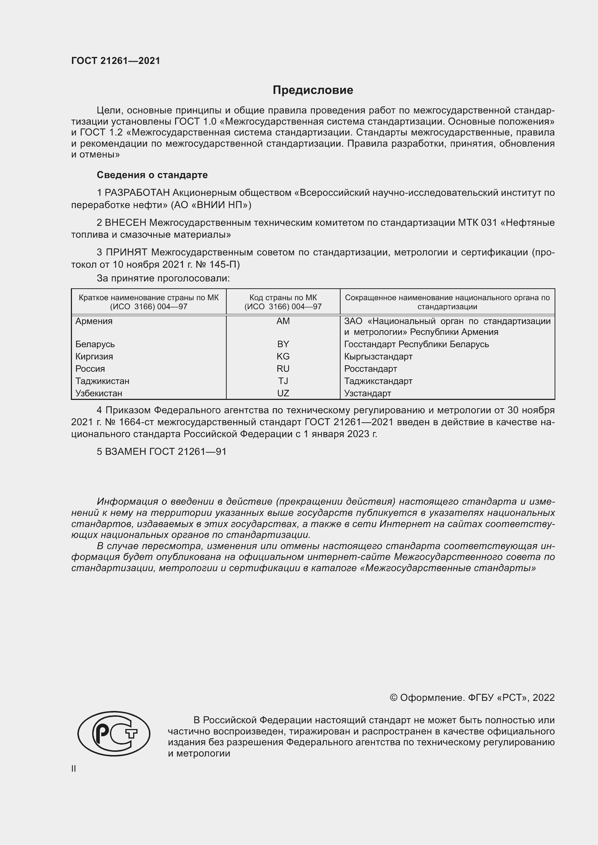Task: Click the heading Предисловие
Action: (x=313, y=90)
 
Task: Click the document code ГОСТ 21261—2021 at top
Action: (x=116, y=61)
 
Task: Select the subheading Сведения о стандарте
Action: (x=152, y=175)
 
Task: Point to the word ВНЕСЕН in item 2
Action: (x=125, y=223)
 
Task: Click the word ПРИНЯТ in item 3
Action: (x=126, y=253)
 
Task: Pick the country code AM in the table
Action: (x=283, y=321)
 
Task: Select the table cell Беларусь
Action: (x=95, y=345)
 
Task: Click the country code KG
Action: (x=283, y=357)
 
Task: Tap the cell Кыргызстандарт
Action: (x=378, y=357)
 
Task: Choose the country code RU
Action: (x=283, y=369)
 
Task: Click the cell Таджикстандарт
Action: (x=378, y=381)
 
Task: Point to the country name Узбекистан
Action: (x=99, y=393)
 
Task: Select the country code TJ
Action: (x=283, y=381)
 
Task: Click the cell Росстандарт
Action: (x=371, y=369)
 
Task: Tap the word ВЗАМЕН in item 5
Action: (x=125, y=452)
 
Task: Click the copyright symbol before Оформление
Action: (x=393, y=698)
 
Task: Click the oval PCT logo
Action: (x=114, y=733)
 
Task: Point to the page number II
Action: (x=74, y=768)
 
